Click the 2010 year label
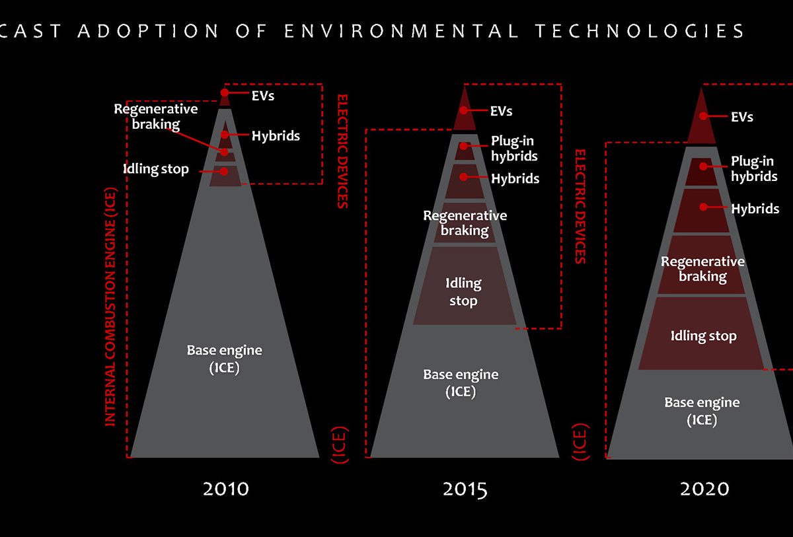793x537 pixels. [x=226, y=489]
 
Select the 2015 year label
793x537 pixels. [x=465, y=489]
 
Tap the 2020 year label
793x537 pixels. [x=704, y=489]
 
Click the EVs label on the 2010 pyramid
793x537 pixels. [x=263, y=96]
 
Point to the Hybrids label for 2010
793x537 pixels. [x=276, y=135]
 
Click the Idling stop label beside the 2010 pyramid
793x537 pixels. [x=156, y=168]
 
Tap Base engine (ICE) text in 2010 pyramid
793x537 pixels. [x=225, y=359]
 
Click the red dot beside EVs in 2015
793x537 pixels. [x=463, y=111]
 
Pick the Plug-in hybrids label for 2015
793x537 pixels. [x=514, y=148]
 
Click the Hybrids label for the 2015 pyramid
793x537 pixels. [x=515, y=178]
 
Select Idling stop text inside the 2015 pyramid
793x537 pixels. [x=463, y=292]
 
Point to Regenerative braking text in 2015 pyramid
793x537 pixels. [x=465, y=223]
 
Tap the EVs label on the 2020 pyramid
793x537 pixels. [x=742, y=117]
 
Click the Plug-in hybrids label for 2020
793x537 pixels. [x=754, y=168]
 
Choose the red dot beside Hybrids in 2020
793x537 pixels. [x=703, y=207]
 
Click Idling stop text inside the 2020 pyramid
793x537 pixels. [x=703, y=336]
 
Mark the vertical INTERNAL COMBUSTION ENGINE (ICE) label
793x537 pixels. [x=110, y=306]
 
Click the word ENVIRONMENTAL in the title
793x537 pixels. [x=402, y=31]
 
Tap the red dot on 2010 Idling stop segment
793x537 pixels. [x=224, y=171]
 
